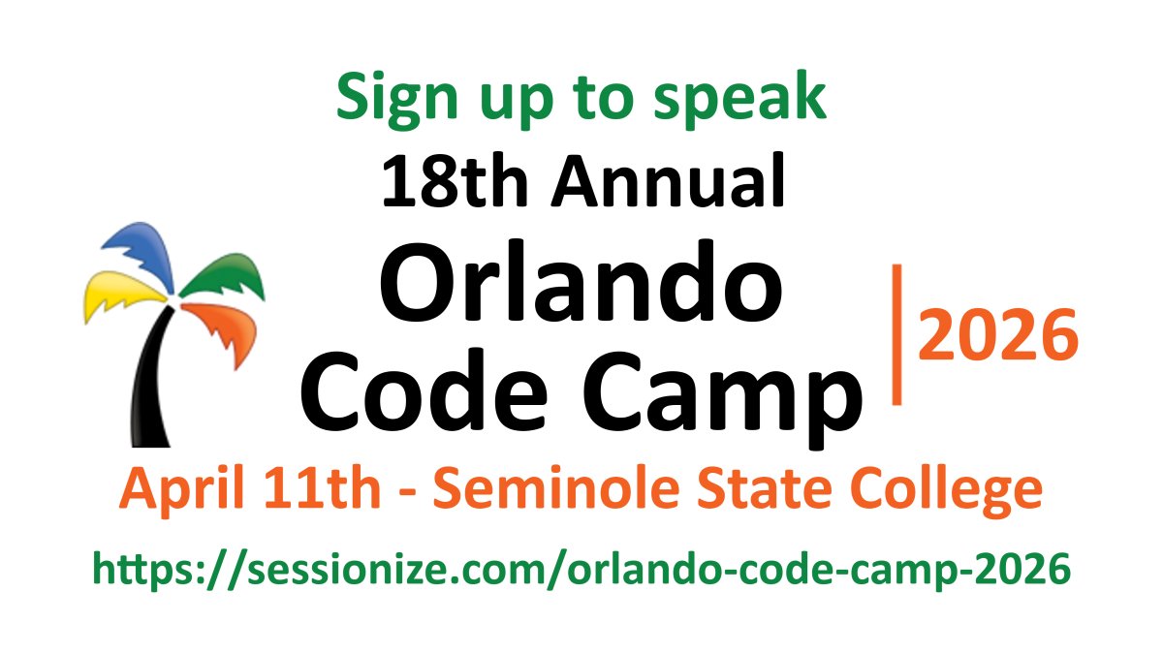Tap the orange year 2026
pos(997,334)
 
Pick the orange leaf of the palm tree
pos(223,329)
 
